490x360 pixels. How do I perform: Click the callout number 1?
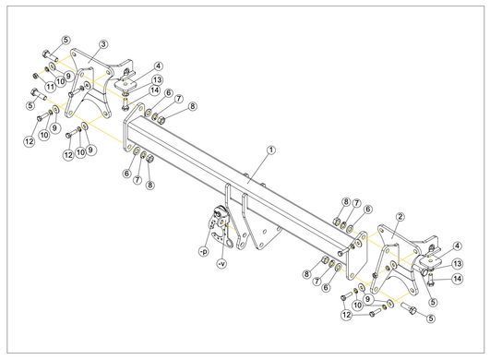271,150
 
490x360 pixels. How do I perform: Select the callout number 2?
400,217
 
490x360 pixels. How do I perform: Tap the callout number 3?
103,44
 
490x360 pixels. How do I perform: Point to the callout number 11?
50,86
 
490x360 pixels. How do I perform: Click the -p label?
204,251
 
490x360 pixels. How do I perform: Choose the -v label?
222,264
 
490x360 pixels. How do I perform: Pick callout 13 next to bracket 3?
157,80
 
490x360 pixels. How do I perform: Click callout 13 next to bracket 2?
458,264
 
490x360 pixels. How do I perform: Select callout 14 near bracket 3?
154,91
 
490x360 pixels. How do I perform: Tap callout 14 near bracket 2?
458,279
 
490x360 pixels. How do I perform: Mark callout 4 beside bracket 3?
159,66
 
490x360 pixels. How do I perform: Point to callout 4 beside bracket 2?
457,246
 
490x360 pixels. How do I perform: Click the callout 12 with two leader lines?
347,315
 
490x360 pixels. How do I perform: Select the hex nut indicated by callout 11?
35,76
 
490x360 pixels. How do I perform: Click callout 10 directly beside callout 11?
60,81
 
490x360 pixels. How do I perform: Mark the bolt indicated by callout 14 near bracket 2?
430,280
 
